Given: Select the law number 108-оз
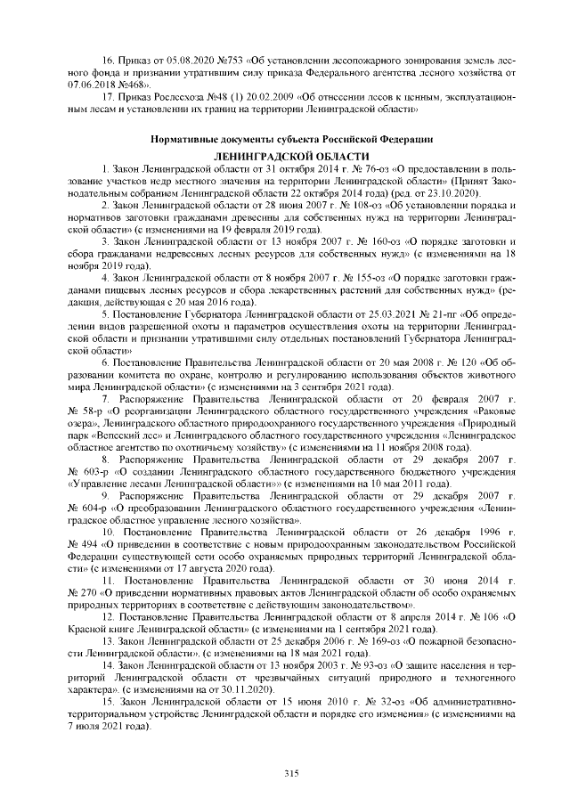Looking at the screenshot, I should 330,204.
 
